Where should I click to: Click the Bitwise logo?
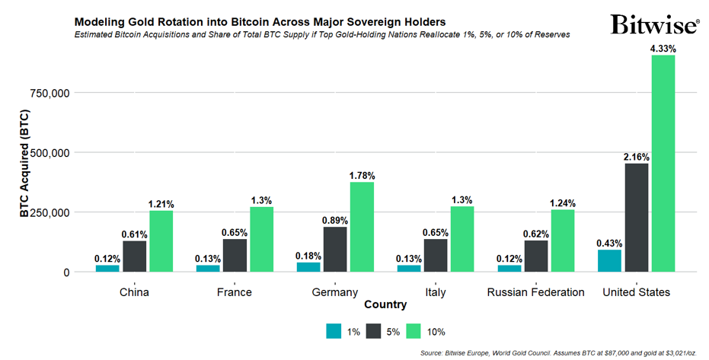coord(654,24)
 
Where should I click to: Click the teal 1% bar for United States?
coord(609,260)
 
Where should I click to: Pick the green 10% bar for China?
coord(161,241)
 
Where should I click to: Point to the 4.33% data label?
coord(663,48)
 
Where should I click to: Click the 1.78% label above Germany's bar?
coord(362,175)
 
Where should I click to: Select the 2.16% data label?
coord(636,157)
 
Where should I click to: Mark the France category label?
coord(234,292)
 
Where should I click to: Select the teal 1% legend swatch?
coord(334,331)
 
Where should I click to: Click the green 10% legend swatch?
coord(414,331)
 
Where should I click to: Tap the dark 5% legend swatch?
coord(374,331)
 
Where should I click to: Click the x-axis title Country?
coord(385,305)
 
